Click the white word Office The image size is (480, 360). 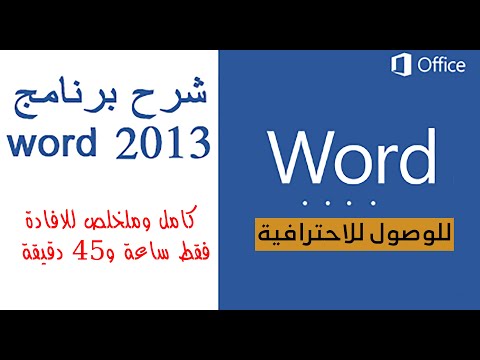[441, 66]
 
